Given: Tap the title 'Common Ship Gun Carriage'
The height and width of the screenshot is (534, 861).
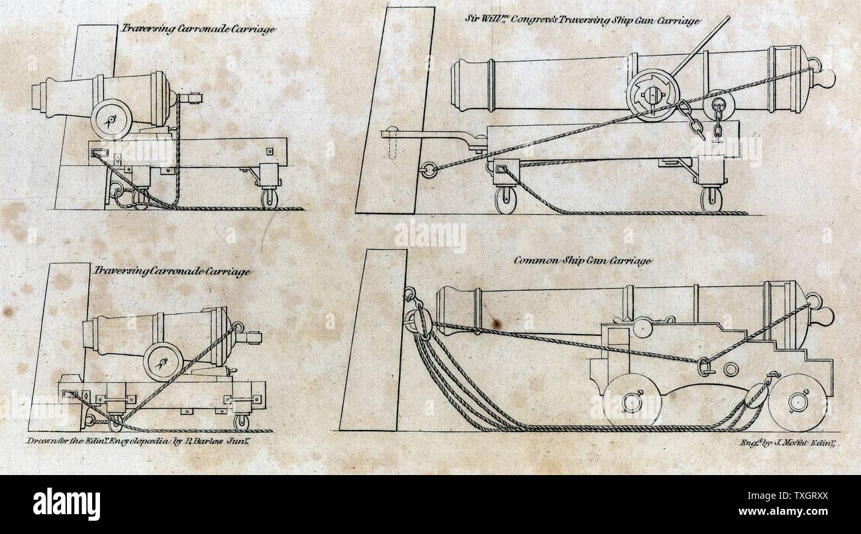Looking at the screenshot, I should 583,260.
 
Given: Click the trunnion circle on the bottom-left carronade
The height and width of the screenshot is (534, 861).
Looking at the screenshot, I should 163,361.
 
